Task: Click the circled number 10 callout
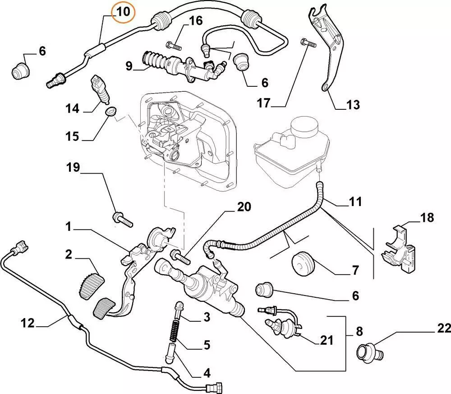click(x=123, y=12)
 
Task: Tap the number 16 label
click(x=195, y=21)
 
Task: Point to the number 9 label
click(x=129, y=66)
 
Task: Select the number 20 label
click(x=244, y=207)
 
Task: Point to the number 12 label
click(x=28, y=323)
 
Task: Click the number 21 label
click(x=327, y=340)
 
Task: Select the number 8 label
click(x=359, y=331)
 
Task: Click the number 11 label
click(x=355, y=202)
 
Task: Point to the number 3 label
click(x=206, y=318)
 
